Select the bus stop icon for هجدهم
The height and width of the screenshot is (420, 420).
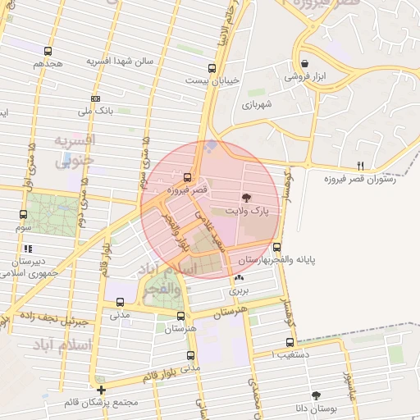[x=48, y=51]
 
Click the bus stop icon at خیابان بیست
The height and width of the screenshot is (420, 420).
[x=212, y=69]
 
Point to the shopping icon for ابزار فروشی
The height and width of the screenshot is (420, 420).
[x=304, y=63]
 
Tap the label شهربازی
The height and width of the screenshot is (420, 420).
[x=256, y=105]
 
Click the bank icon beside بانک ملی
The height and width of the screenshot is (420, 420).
[x=95, y=98]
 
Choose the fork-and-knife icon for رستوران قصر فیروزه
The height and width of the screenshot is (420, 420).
[x=360, y=167]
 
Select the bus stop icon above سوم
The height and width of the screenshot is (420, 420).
[x=22, y=214]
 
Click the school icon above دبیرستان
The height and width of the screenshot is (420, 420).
[x=28, y=248]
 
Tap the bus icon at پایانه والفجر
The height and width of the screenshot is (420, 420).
[x=276, y=247]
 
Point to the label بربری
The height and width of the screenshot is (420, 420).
[x=238, y=290]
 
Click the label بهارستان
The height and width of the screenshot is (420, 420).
[x=253, y=259]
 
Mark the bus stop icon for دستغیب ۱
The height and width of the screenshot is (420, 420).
[x=289, y=343]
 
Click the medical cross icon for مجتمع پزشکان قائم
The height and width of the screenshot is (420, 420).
[x=101, y=390]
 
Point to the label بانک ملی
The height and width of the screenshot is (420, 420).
[x=94, y=110]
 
